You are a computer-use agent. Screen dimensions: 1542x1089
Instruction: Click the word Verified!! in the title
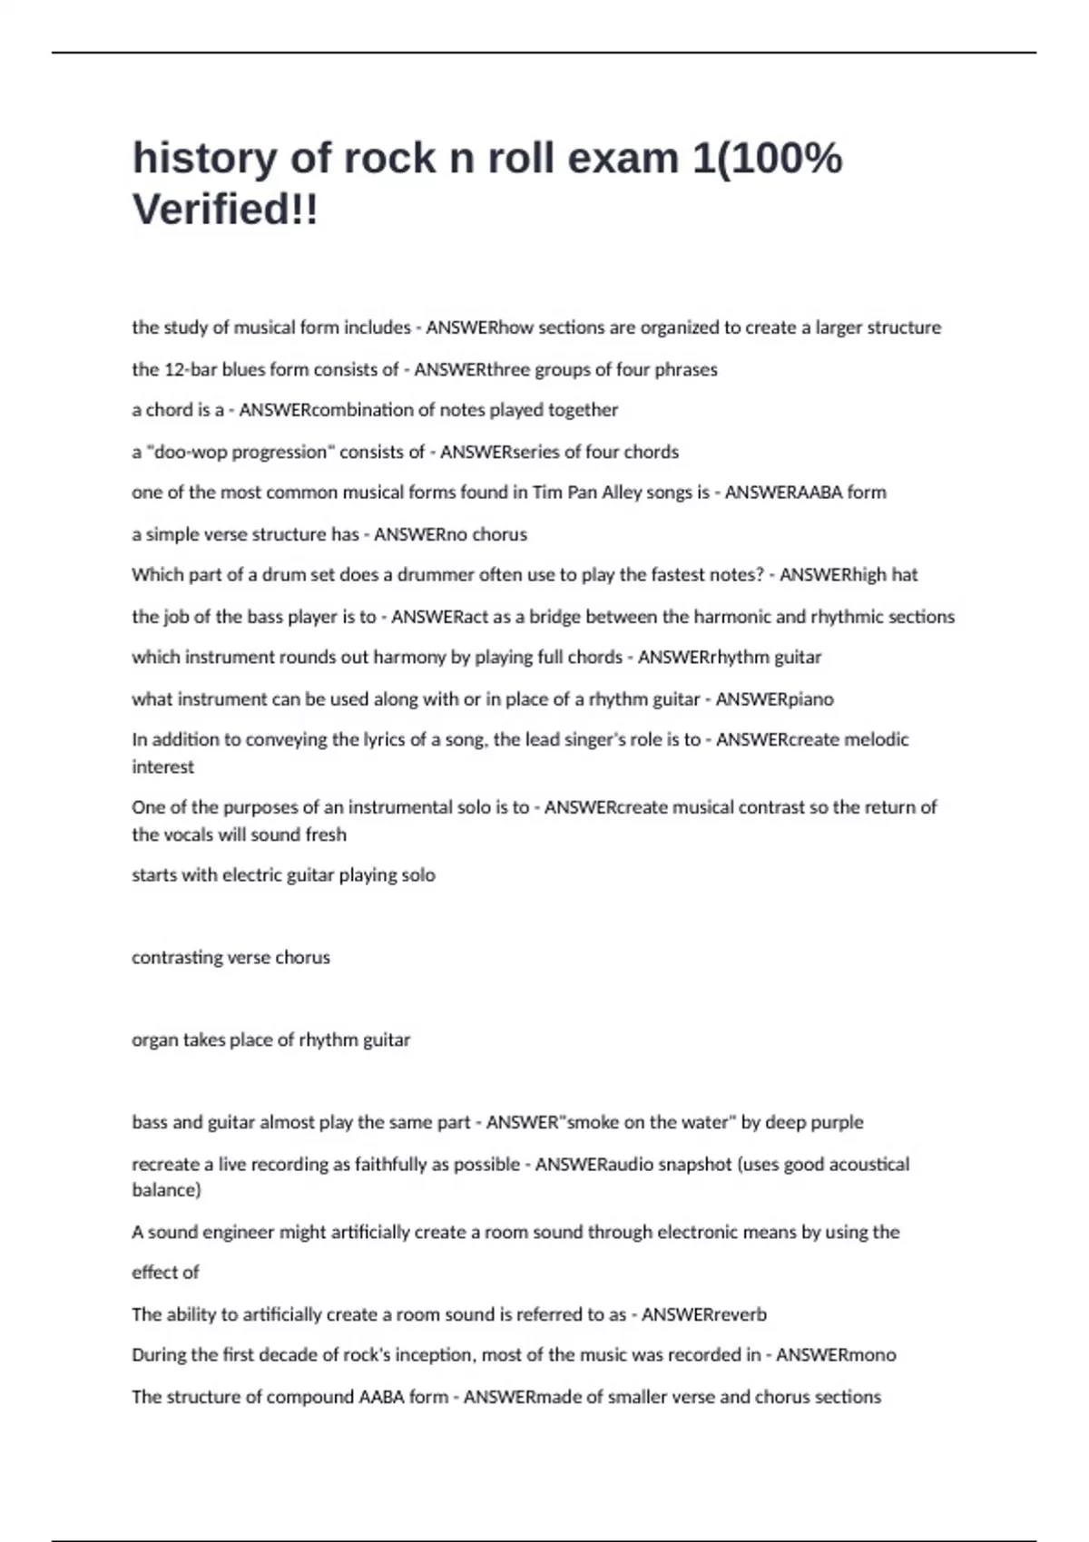(x=225, y=210)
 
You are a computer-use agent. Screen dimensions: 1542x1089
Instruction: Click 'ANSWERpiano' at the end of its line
(x=774, y=699)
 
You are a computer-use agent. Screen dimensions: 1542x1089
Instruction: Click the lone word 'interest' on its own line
(x=162, y=767)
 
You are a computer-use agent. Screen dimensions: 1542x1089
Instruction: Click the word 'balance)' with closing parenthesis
(x=166, y=1190)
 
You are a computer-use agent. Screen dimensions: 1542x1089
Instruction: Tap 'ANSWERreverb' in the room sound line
(x=703, y=1314)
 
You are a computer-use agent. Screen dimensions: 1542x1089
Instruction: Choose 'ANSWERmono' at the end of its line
(x=835, y=1355)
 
